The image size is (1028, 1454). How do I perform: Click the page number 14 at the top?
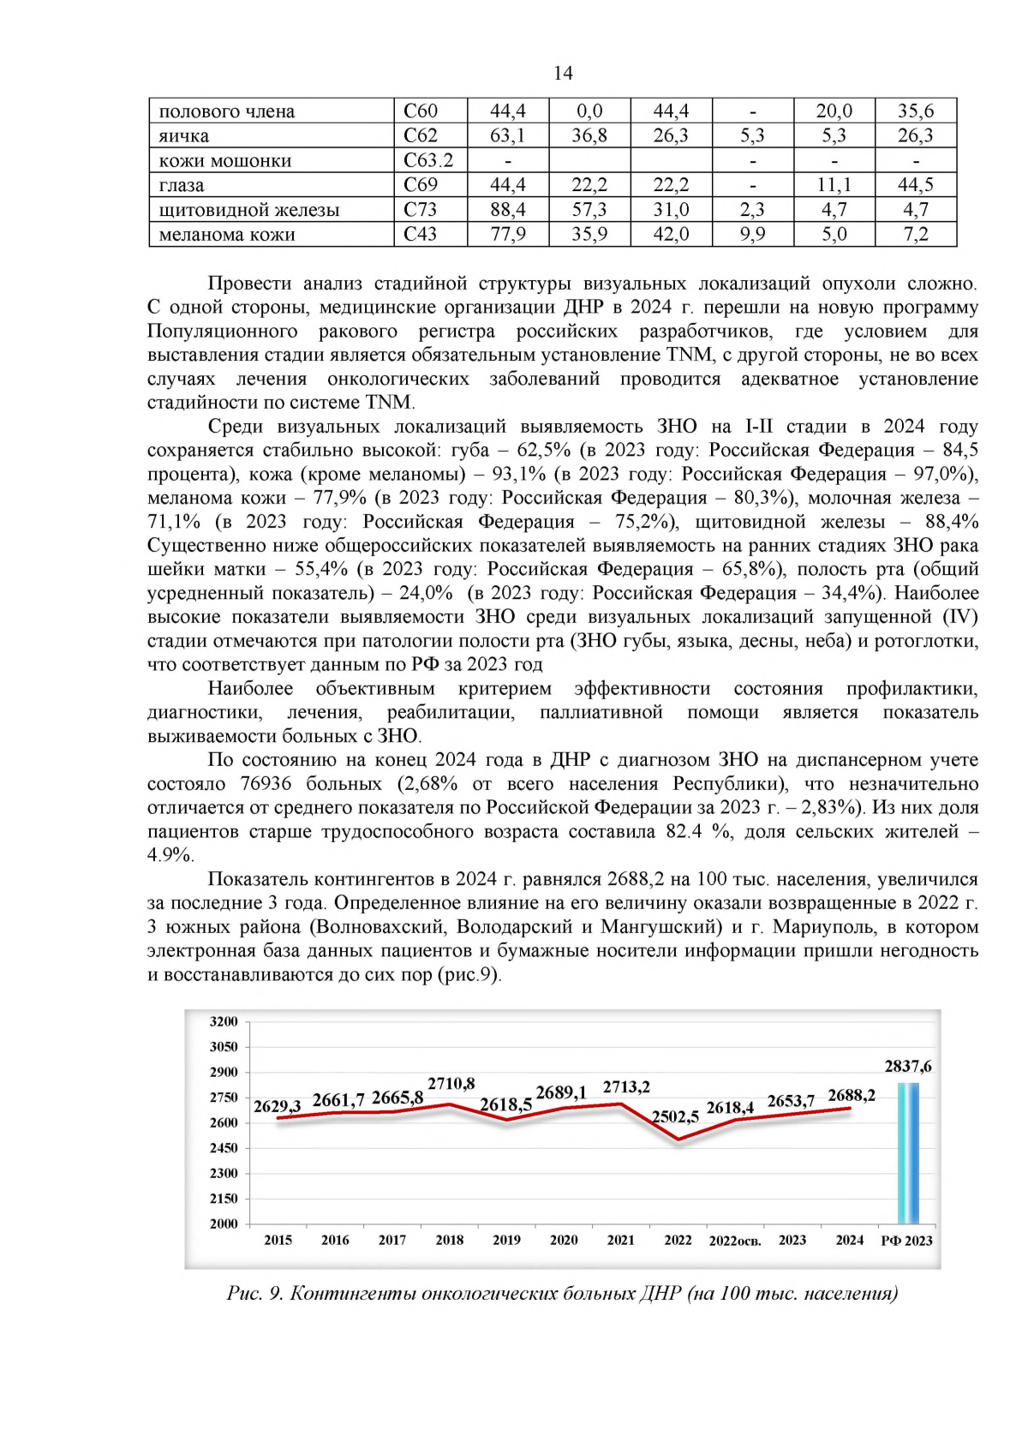point(563,74)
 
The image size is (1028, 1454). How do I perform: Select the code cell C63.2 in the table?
point(428,160)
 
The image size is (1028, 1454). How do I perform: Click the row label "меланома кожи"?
point(227,234)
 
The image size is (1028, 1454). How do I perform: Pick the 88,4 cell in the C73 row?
point(507,210)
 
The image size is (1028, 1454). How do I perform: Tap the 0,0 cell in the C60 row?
point(589,111)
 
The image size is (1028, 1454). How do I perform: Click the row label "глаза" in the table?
point(182,185)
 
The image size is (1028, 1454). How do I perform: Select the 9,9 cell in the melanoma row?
point(752,234)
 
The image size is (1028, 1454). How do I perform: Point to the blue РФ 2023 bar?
point(908,1152)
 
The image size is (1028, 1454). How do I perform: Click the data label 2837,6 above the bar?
point(908,1067)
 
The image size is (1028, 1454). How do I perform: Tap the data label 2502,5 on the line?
point(675,1116)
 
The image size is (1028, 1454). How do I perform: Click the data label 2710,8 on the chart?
point(451,1084)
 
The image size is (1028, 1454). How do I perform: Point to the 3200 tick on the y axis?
point(224,1021)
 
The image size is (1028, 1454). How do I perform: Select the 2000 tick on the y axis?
point(224,1224)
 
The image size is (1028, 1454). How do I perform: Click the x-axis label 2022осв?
point(734,1241)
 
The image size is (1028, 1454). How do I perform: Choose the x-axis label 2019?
point(506,1240)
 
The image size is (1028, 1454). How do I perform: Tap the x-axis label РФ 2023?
point(906,1241)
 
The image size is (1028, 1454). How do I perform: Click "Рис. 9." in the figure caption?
point(254,1293)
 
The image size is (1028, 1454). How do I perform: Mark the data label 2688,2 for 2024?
point(851,1096)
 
